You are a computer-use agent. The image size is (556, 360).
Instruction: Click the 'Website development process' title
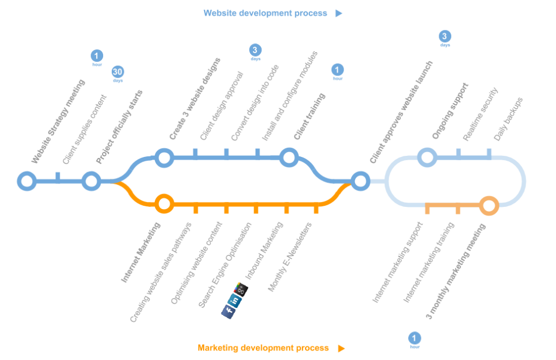tap(265, 13)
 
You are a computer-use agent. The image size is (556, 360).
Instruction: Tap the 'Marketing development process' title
tap(263, 348)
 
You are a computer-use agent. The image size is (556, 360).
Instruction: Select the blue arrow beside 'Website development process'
tap(339, 14)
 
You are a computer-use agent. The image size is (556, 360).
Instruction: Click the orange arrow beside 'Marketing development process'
tap(341, 348)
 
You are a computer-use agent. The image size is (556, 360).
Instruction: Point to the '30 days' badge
tap(118, 72)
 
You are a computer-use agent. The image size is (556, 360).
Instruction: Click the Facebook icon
tap(229, 311)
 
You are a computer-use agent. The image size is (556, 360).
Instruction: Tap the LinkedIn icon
tap(236, 300)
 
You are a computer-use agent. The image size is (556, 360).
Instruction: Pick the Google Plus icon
tap(242, 289)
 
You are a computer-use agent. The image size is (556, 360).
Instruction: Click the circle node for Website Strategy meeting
tap(26, 181)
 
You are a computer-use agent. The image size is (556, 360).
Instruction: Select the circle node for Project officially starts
tap(91, 181)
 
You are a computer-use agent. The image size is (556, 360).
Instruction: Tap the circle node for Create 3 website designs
tap(163, 157)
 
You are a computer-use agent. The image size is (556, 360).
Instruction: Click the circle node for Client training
tap(288, 157)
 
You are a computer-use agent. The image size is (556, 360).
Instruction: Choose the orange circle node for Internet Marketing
tap(163, 204)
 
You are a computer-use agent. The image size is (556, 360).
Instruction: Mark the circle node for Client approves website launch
tap(359, 181)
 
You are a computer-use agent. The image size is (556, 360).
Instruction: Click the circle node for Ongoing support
tap(427, 157)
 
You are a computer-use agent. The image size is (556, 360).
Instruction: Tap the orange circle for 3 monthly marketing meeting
tap(489, 205)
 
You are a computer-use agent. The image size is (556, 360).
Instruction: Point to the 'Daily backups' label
tap(508, 119)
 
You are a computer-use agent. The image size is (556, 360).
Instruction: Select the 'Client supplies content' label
tap(85, 130)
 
